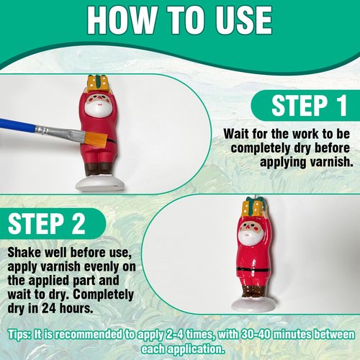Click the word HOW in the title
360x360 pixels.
(122, 20)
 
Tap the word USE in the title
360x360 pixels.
(243, 20)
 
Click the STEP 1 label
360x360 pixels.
(310, 105)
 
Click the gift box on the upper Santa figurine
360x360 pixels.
(96, 84)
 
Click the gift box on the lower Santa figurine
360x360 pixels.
(256, 206)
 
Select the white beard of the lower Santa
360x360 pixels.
(249, 236)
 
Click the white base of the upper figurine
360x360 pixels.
(100, 184)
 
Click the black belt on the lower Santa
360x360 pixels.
(251, 268)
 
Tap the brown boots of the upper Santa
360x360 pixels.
(99, 170)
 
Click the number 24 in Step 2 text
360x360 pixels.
(49, 308)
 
